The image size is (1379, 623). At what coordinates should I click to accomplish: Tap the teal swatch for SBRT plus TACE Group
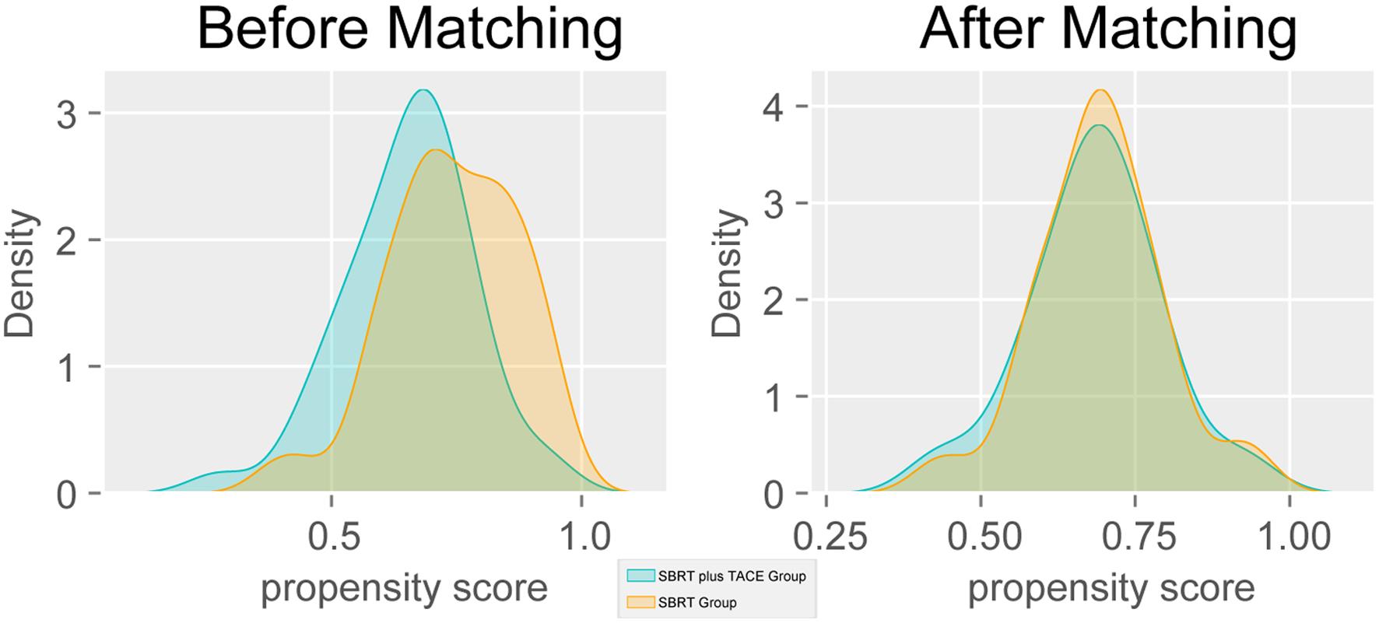coord(640,576)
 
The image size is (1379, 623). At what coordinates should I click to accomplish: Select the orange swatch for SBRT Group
coord(640,602)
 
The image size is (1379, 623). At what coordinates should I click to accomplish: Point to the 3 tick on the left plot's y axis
coord(68,114)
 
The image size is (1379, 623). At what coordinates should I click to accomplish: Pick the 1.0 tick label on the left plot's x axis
coord(581,537)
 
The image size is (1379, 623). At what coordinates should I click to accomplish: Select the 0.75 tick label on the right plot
coord(1135,537)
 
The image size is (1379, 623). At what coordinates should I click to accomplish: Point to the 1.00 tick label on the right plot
coord(1290,537)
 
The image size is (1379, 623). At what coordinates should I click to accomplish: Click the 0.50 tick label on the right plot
coord(981,537)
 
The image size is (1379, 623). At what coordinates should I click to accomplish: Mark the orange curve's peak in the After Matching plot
coord(1100,90)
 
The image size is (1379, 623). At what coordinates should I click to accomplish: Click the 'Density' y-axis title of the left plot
coord(19,274)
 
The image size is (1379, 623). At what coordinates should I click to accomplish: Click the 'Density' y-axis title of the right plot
coord(728,274)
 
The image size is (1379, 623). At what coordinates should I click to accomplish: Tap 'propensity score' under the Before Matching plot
coord(404,589)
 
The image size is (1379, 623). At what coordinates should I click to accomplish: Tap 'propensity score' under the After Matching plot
coord(1111,589)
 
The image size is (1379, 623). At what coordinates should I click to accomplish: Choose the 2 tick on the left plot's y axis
coord(68,240)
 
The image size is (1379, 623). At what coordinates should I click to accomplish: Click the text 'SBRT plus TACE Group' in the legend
coord(732,576)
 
